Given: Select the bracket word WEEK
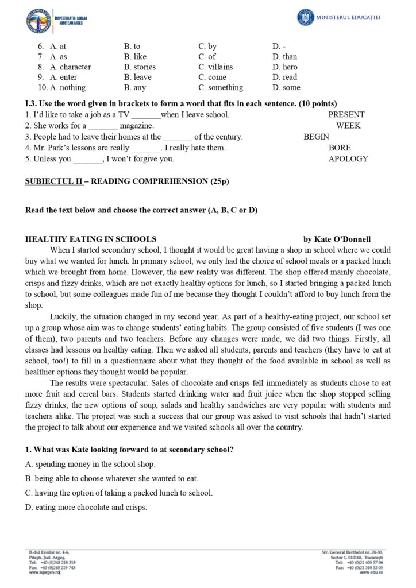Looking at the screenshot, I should pos(348,126).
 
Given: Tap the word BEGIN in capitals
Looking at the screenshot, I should pos(316,137).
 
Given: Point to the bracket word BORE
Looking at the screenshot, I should pos(340,148).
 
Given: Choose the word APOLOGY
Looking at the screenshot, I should pos(348,159).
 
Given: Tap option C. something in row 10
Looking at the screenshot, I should pos(221,88).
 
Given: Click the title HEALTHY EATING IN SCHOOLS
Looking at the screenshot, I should pos(91,239).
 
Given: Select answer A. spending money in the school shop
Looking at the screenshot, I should pos(90,464).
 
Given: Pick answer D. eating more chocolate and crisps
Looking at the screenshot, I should pos(86,507).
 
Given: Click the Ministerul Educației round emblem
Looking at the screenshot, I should pos(306,17).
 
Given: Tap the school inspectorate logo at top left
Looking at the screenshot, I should pos(37,21).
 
